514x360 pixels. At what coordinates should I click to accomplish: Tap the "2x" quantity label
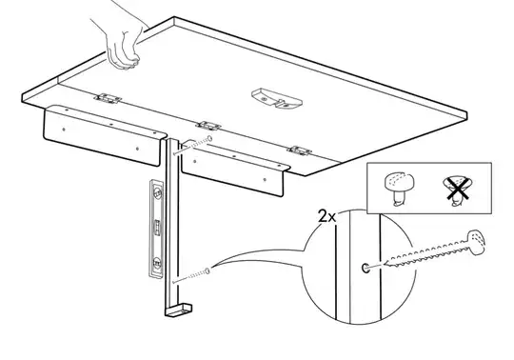point(326,216)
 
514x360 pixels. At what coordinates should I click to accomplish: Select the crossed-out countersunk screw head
point(458,190)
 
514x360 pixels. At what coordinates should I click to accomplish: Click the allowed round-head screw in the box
point(399,189)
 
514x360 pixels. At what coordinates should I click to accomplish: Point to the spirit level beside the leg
point(157,229)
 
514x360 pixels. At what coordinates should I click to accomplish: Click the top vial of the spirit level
point(158,192)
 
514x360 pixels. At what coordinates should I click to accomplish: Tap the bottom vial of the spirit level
point(157,263)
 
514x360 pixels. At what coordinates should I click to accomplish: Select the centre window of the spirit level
point(158,228)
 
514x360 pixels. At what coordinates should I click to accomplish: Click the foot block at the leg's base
point(179,310)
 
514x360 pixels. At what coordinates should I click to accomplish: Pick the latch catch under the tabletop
point(277,98)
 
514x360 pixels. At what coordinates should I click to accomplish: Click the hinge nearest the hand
point(108,98)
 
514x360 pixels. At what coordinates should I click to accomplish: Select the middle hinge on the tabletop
point(208,126)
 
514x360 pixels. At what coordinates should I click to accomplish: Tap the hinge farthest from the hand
point(299,150)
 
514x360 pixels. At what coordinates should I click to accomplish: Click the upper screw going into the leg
point(192,146)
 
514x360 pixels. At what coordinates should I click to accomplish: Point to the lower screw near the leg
point(191,276)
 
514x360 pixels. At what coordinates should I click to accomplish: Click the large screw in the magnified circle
point(434,249)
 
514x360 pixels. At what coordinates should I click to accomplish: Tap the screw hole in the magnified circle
point(366,268)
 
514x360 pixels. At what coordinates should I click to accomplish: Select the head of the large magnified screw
point(476,242)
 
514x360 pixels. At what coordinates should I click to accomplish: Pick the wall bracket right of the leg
point(234,168)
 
